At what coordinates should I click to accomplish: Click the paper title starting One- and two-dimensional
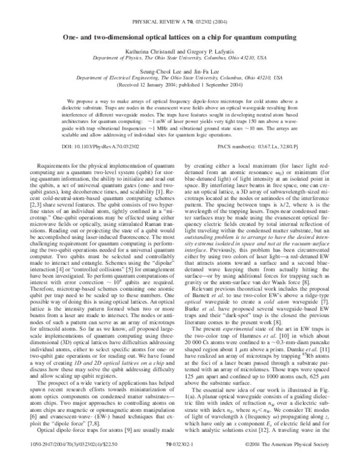coord(180,37)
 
